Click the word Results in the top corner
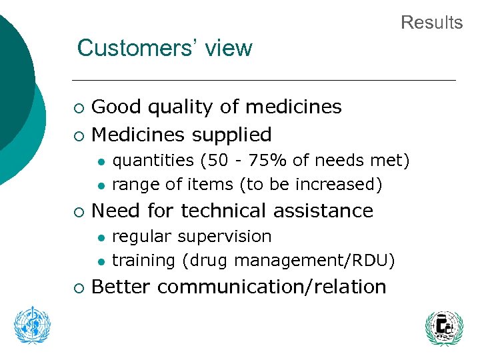[x=431, y=23]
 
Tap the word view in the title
[x=229, y=49]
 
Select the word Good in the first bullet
[x=115, y=107]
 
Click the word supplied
[x=233, y=135]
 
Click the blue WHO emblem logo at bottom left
[x=33, y=325]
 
